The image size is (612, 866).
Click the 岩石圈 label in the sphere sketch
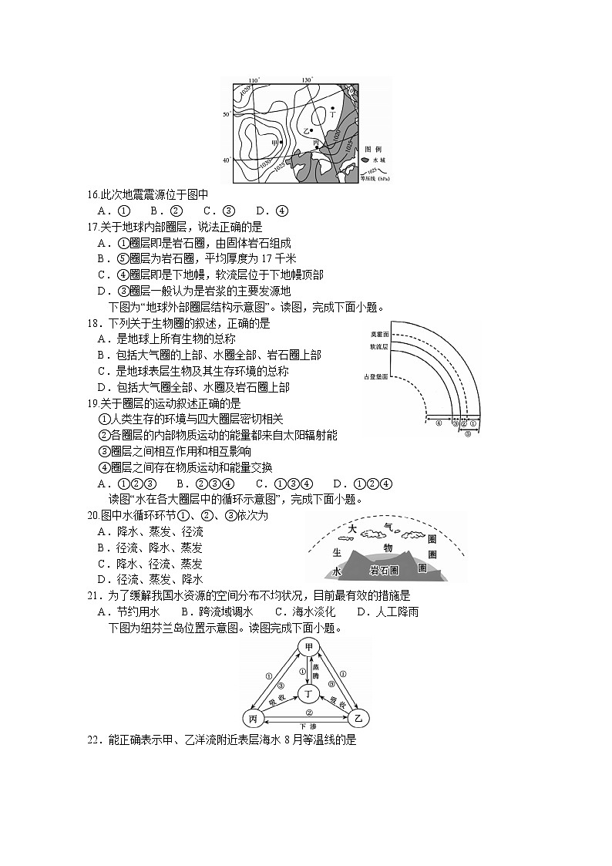[x=383, y=571]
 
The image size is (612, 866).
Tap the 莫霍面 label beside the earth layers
[x=379, y=335]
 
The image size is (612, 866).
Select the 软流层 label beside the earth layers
[x=379, y=348]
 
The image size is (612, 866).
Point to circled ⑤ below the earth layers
[x=468, y=433]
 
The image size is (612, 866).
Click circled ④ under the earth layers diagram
[x=439, y=423]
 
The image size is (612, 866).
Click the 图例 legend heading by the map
[x=373, y=149]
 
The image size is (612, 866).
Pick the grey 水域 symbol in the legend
[x=365, y=160]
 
